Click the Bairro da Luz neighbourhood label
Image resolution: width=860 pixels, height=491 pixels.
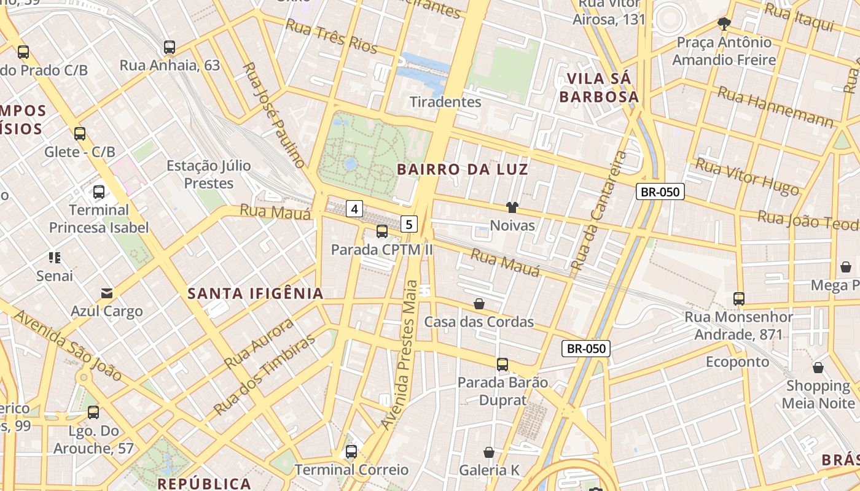(x=463, y=169)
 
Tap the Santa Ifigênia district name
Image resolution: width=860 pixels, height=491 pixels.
(x=256, y=293)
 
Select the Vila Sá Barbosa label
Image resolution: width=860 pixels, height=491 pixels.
(x=603, y=88)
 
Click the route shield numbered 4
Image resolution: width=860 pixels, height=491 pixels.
(x=354, y=209)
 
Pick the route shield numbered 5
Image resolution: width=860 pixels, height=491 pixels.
(x=409, y=224)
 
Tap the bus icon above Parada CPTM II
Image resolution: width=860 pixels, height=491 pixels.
(x=382, y=231)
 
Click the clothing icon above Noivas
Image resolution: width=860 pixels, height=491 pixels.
(x=512, y=207)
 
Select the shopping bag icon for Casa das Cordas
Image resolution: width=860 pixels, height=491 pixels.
(x=479, y=304)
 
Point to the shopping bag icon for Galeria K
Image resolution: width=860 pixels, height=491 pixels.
(x=489, y=452)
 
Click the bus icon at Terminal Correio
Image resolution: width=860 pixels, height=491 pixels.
(x=351, y=452)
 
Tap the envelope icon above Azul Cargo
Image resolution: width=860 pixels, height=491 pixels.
(x=107, y=293)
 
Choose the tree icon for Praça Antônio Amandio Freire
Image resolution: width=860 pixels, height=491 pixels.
(x=724, y=24)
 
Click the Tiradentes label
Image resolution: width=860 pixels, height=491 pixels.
(x=445, y=101)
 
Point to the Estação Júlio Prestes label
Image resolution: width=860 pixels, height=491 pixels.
(x=200, y=174)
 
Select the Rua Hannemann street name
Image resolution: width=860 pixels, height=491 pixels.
(x=775, y=107)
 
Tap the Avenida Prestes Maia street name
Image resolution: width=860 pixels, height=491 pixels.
(x=399, y=355)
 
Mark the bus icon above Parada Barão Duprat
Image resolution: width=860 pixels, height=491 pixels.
(x=502, y=365)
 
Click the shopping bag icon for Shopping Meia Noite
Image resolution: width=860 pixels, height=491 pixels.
(x=818, y=368)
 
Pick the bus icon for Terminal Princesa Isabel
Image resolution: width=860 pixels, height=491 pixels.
(x=99, y=192)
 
